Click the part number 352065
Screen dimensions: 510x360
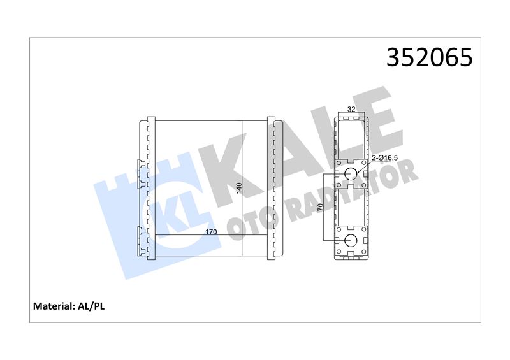tap(429, 57)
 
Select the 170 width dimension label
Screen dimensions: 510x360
tap(211, 232)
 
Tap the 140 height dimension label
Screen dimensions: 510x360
tap(240, 189)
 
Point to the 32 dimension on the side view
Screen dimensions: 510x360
tap(351, 109)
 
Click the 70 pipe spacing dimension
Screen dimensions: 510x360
tap(320, 207)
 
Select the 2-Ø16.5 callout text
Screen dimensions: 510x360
tap(385, 158)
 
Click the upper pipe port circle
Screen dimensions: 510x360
tap(351, 174)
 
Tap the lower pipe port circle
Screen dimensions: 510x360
tap(351, 240)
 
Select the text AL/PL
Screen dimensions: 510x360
tap(91, 306)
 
